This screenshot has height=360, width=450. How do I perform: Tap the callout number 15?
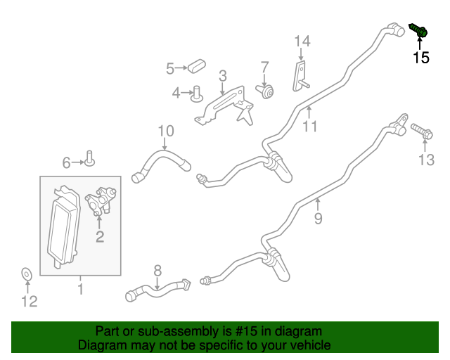[420, 58]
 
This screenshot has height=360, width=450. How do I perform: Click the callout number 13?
[427, 160]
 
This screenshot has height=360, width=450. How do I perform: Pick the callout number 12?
[28, 302]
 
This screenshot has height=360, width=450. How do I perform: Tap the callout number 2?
[100, 237]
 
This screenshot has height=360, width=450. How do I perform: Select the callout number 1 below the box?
[80, 289]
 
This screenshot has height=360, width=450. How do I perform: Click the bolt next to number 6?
[90, 160]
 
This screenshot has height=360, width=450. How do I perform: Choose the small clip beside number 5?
[196, 67]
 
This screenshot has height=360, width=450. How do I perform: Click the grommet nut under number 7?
[267, 91]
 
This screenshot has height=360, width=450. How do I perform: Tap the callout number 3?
[222, 76]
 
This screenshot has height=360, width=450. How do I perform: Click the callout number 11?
[310, 127]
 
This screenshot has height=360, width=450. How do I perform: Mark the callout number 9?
[318, 219]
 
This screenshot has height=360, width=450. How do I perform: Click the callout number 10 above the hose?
[165, 130]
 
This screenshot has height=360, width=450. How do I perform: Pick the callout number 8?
[157, 269]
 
